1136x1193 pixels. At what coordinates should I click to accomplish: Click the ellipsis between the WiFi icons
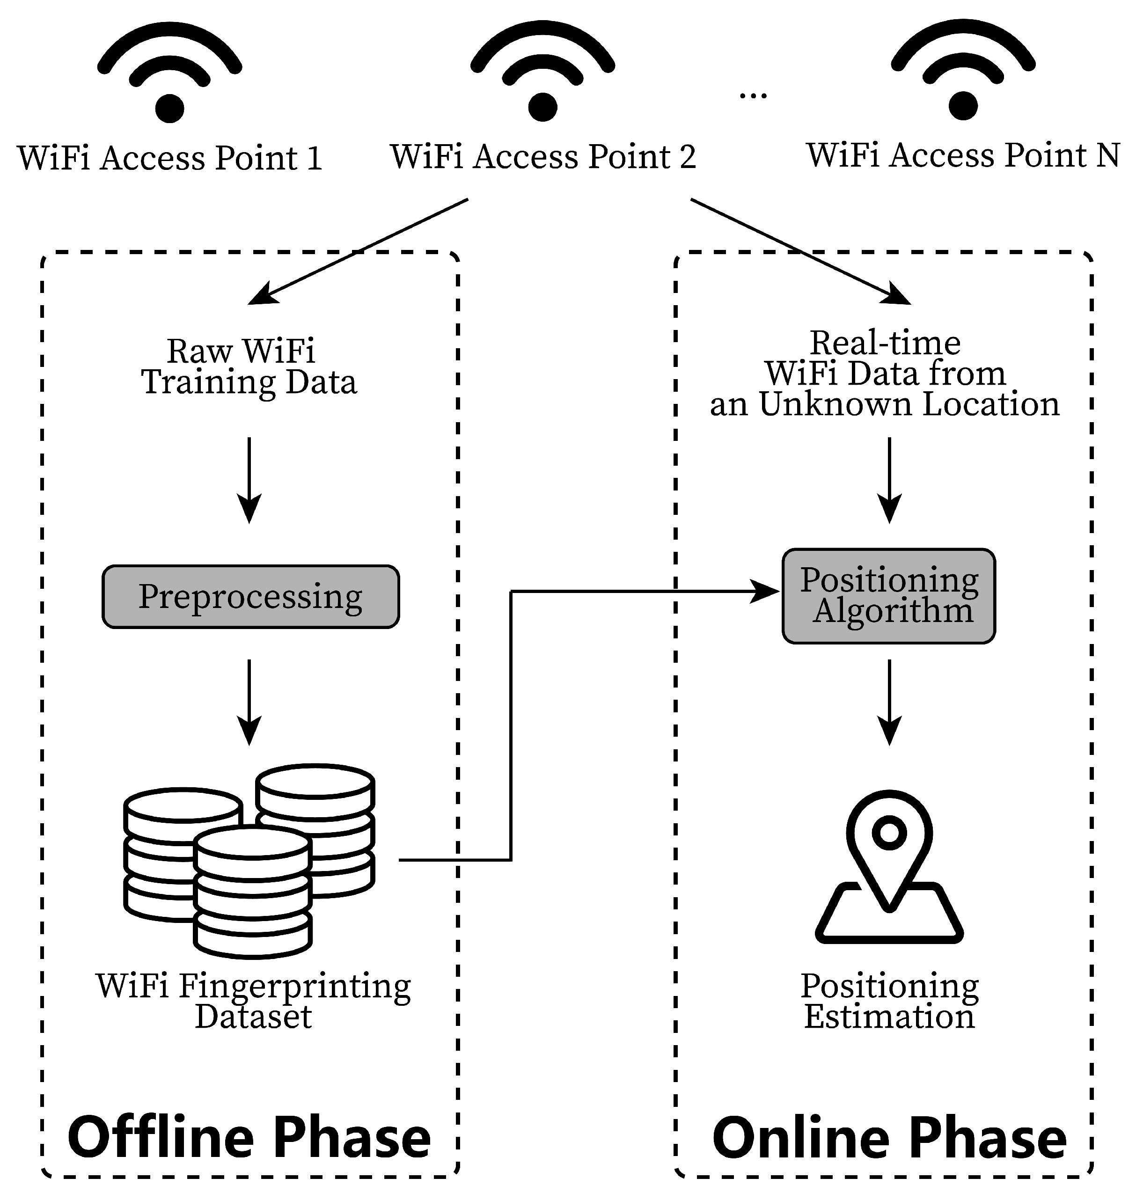point(753,95)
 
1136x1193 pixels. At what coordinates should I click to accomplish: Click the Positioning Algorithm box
point(888,596)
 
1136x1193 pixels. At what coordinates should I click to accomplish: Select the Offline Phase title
point(249,1137)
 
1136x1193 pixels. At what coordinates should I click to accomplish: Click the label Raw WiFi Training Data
point(249,367)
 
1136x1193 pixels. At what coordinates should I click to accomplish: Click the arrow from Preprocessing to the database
point(249,703)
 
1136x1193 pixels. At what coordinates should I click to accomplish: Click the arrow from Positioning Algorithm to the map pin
point(889,703)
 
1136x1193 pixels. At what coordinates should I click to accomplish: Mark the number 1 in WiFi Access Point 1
point(314,159)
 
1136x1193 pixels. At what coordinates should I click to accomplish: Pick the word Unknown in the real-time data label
point(835,404)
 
